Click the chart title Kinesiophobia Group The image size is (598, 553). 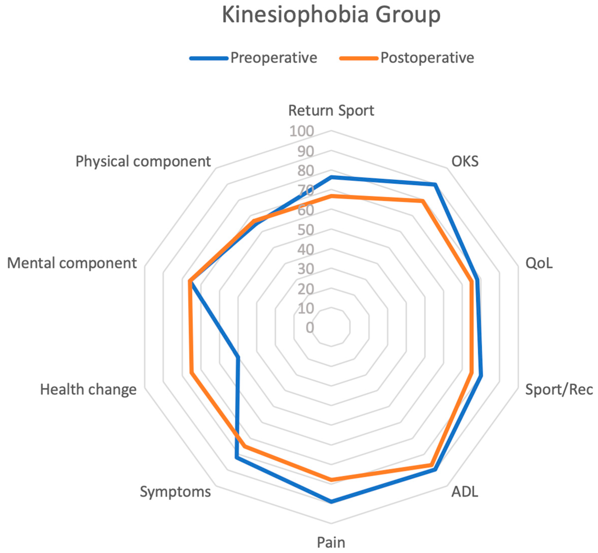pyautogui.click(x=331, y=15)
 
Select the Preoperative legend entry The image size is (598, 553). pyautogui.click(x=273, y=58)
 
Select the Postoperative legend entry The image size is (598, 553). pyautogui.click(x=427, y=58)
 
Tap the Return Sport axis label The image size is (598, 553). pyautogui.click(x=331, y=110)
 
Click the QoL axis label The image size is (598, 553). pyautogui.click(x=539, y=263)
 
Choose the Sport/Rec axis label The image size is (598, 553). pyautogui.click(x=559, y=390)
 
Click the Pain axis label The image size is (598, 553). pyautogui.click(x=331, y=542)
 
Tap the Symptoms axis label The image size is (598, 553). pyautogui.click(x=175, y=492)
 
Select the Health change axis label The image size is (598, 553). pyautogui.click(x=88, y=390)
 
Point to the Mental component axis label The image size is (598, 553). pyautogui.click(x=72, y=263)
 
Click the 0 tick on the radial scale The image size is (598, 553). pyautogui.click(x=310, y=327)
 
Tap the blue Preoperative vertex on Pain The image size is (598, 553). pyautogui.click(x=331, y=501)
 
